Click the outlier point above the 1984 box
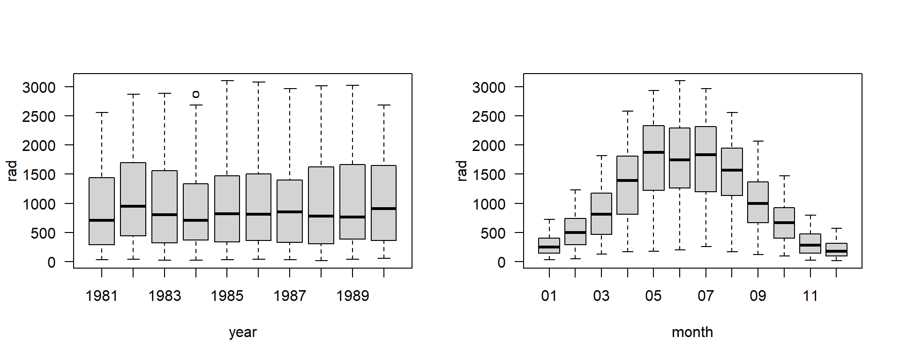pos(196,94)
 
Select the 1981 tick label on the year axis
pos(102,296)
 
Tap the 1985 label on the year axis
pos(227,296)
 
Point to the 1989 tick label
pos(352,296)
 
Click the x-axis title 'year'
pos(243,332)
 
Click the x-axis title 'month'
pos(692,332)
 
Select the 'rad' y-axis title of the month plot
pos(462,171)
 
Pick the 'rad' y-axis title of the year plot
pos(12,171)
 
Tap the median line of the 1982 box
pos(133,206)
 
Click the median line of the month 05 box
pos(653,152)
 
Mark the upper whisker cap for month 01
pos(549,219)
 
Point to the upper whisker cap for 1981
pos(102,112)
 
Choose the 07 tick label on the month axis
pos(705,296)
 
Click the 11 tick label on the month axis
pos(810,296)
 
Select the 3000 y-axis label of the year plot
pos(39,87)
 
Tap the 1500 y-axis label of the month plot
pos(489,175)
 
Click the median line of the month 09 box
pos(758,203)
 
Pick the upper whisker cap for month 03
pos(601,156)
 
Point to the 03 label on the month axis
pos(601,296)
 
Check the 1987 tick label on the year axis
pos(290,296)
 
